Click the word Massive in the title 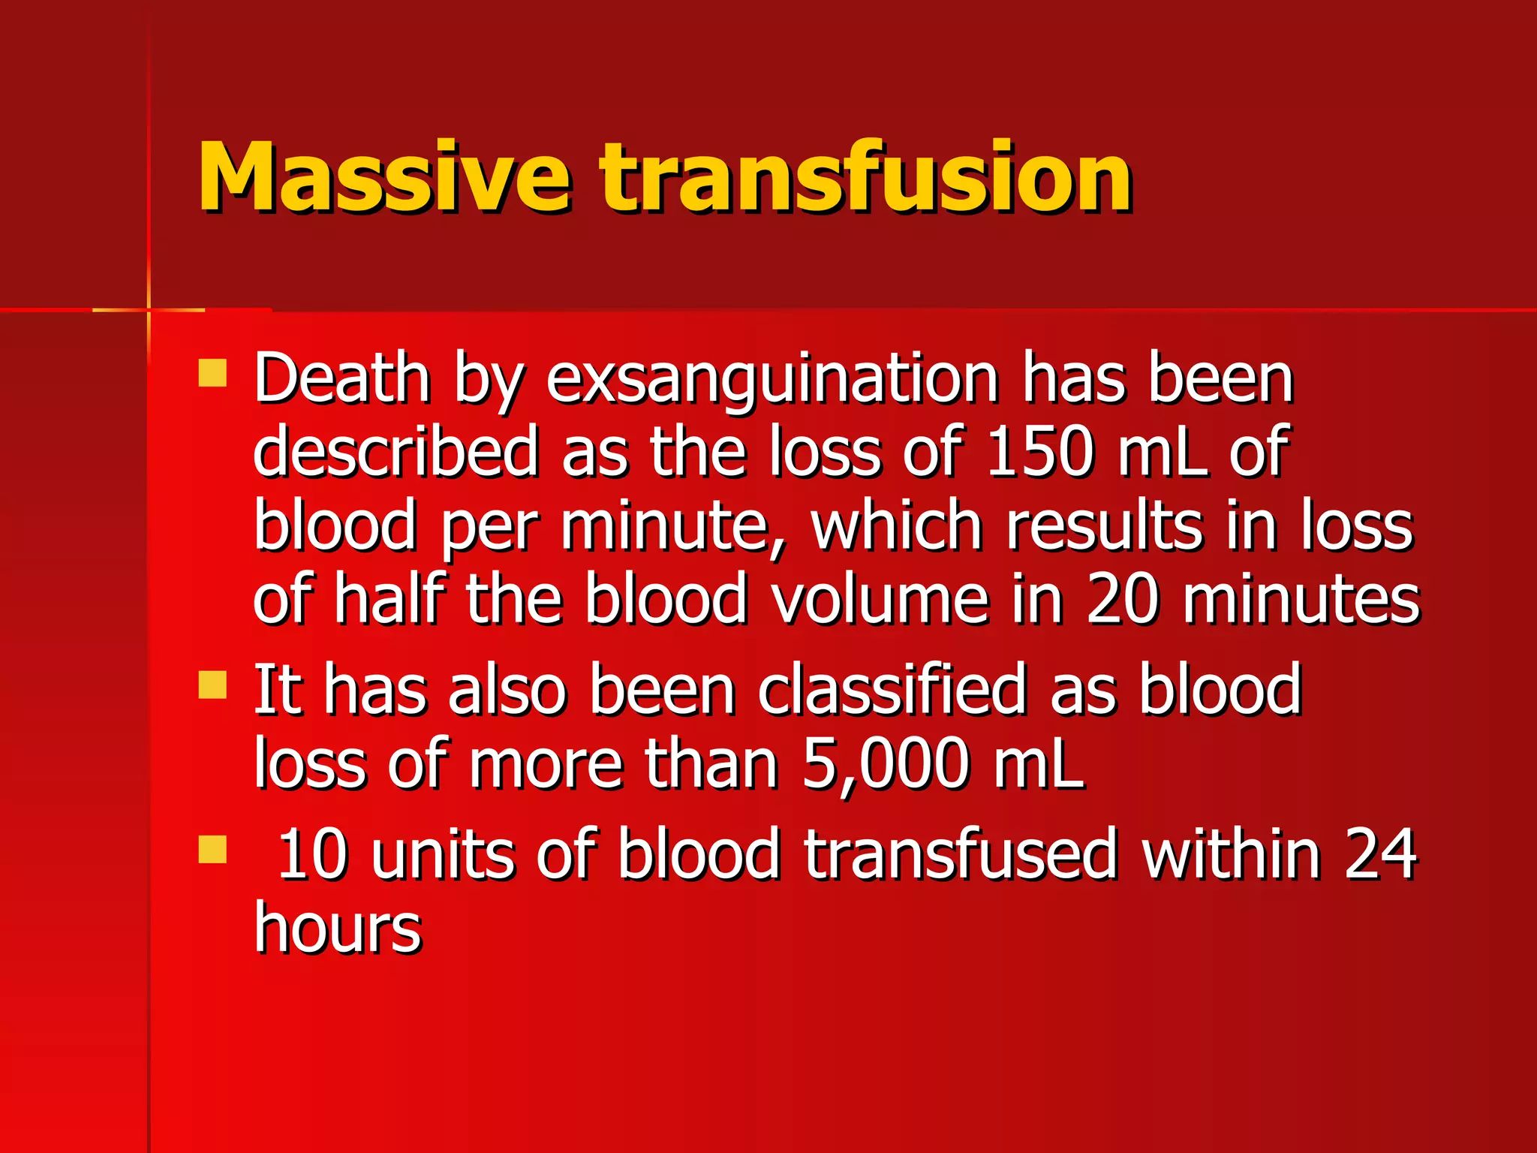point(383,177)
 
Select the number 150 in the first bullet point(1039,453)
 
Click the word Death point(342,379)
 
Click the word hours point(338,929)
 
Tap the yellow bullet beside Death point(212,372)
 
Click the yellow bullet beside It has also point(212,685)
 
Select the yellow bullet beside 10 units point(212,850)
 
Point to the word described point(396,453)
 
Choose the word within point(1231,854)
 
